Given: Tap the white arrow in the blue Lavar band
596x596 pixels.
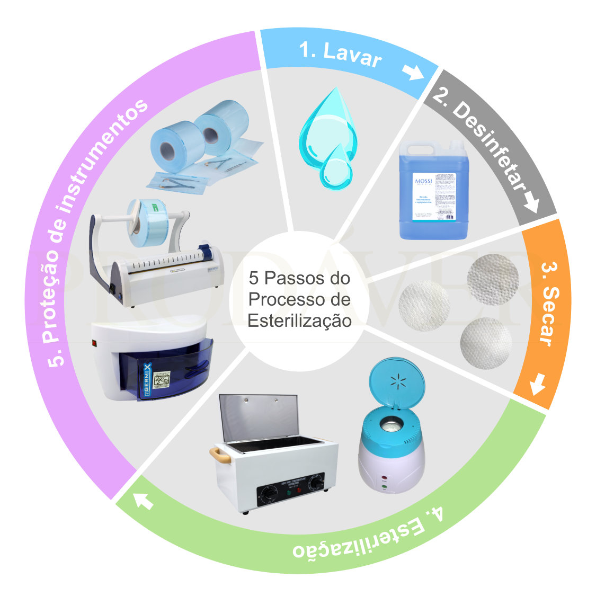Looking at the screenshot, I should [413, 72].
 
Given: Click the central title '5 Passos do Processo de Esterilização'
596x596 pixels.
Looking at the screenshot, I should [299, 299].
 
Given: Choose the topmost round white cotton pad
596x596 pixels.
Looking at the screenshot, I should [493, 279].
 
